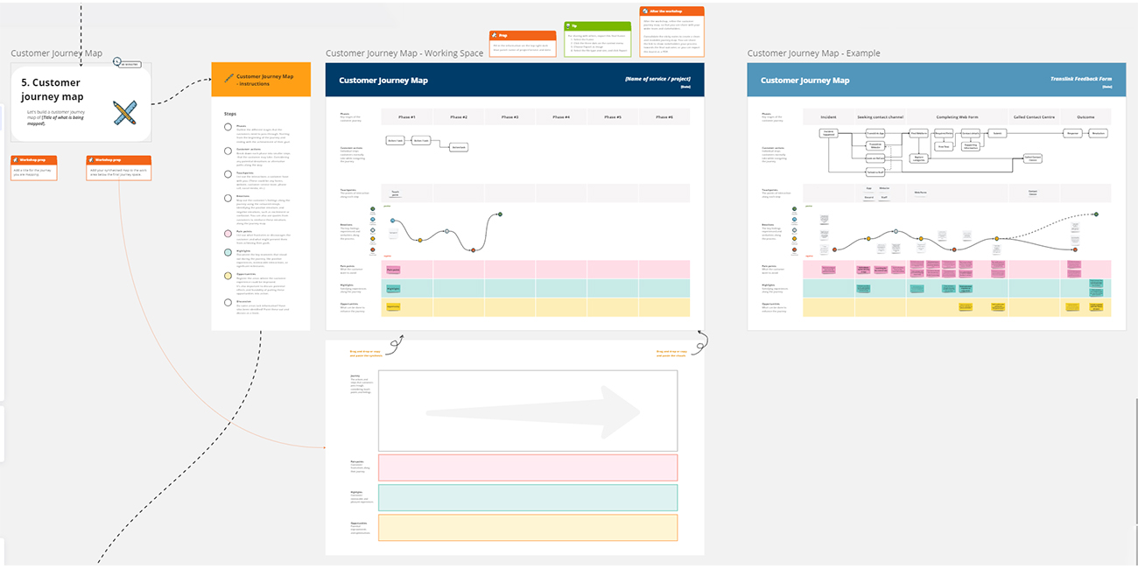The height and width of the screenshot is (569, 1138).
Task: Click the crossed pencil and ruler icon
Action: pyautogui.click(x=124, y=112)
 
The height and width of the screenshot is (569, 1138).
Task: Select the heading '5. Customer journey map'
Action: pyautogui.click(x=53, y=89)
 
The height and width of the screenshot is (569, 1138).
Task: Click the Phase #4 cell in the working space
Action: pyautogui.click(x=561, y=116)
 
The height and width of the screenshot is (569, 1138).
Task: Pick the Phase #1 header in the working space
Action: pyautogui.click(x=407, y=116)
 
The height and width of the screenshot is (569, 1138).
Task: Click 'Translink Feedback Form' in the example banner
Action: pyautogui.click(x=1081, y=79)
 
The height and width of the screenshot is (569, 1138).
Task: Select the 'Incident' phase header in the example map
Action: pyautogui.click(x=828, y=116)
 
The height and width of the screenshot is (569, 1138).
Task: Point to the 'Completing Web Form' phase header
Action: pyautogui.click(x=958, y=116)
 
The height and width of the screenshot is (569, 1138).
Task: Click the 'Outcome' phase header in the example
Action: pyautogui.click(x=1085, y=116)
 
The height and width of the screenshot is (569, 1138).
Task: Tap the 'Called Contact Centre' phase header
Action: pyautogui.click(x=1033, y=116)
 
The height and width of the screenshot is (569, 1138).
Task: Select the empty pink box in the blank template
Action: pyautogui.click(x=527, y=467)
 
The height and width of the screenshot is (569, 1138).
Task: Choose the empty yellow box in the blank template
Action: pyautogui.click(x=527, y=527)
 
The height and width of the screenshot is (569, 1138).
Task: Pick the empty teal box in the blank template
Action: pyautogui.click(x=527, y=497)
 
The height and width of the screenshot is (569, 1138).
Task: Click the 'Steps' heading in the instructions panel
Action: pyautogui.click(x=230, y=114)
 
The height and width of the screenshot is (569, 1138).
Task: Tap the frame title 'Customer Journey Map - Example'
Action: pyautogui.click(x=813, y=53)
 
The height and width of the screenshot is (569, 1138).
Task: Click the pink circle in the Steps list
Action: pyautogui.click(x=228, y=235)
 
